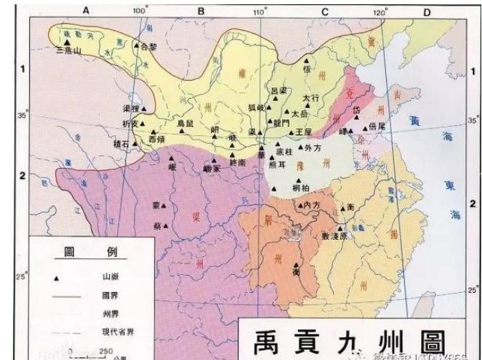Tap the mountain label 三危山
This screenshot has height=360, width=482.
coord(68,51)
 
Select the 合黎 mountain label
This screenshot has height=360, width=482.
coord(148,47)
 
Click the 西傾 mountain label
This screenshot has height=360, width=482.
coord(157,137)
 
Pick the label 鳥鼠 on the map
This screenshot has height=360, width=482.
coord(185,124)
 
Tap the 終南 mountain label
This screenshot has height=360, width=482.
coord(238,163)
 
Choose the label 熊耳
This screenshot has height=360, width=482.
coord(276,163)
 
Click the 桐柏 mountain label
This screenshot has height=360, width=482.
coord(301,188)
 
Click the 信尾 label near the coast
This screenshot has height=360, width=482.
coord(377,127)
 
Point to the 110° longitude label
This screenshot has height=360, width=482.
coord(260,12)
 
